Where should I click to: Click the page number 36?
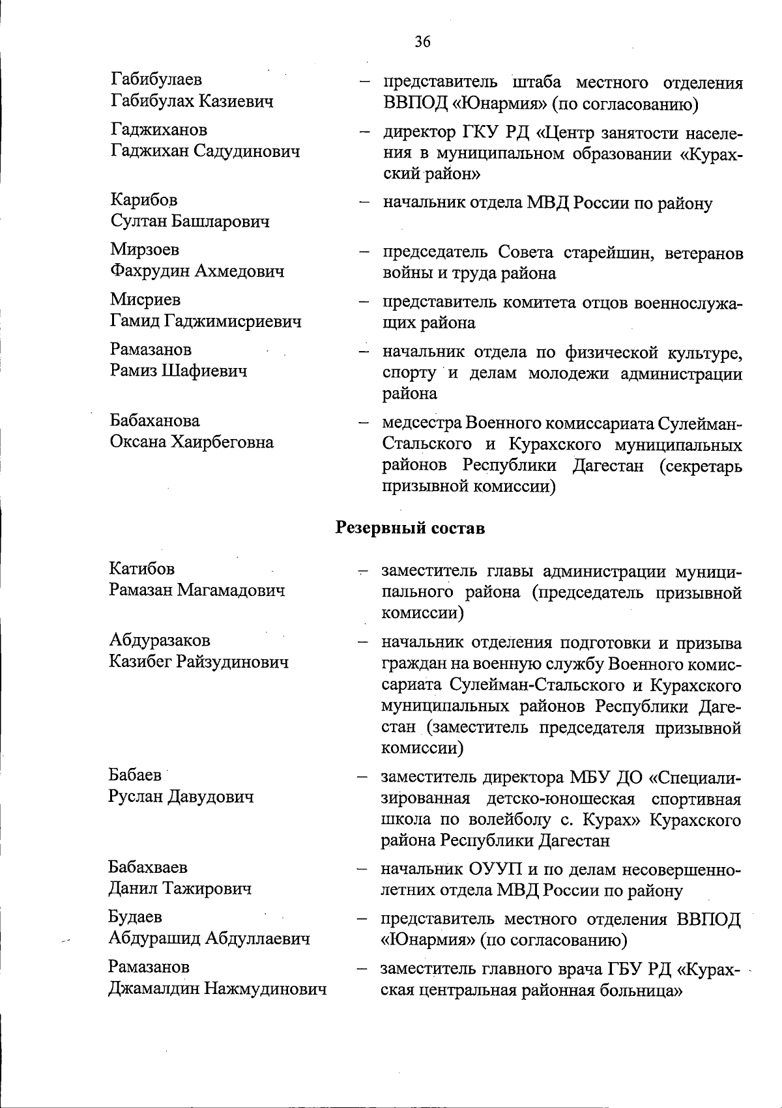click(x=422, y=42)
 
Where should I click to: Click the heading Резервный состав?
click(x=410, y=528)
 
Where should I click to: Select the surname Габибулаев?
click(x=156, y=79)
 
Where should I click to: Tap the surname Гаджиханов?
click(x=159, y=130)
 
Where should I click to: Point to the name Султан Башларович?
click(x=190, y=221)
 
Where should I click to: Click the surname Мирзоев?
click(x=145, y=249)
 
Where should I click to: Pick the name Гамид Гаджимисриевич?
click(x=205, y=321)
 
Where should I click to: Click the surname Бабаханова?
click(x=155, y=421)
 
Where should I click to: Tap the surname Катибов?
click(x=142, y=569)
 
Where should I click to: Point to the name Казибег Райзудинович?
click(x=198, y=662)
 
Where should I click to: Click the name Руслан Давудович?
click(x=181, y=797)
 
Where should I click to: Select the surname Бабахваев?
click(x=148, y=867)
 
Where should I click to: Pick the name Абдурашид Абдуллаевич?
click(x=209, y=939)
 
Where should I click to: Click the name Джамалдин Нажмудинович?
click(x=216, y=989)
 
